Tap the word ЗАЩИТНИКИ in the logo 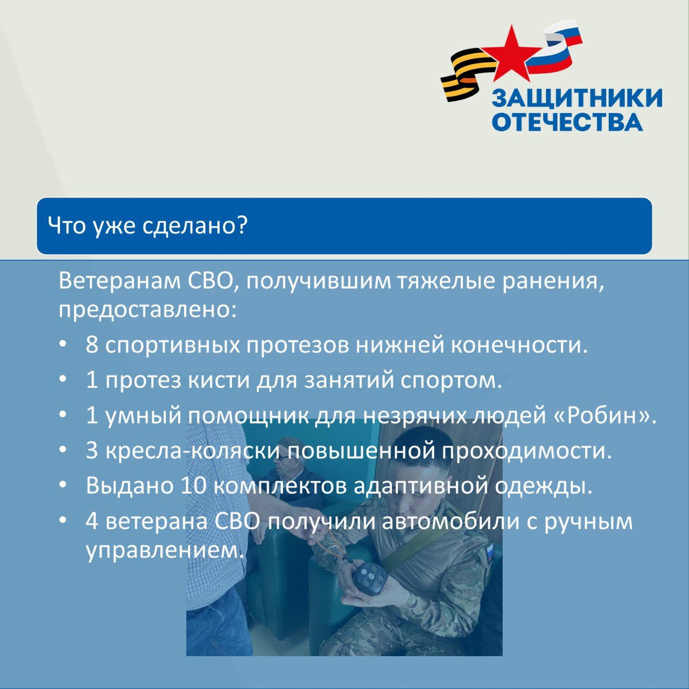pos(576,98)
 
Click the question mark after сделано pos(242,226)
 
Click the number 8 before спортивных pos(92,346)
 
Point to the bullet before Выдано pos(64,485)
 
